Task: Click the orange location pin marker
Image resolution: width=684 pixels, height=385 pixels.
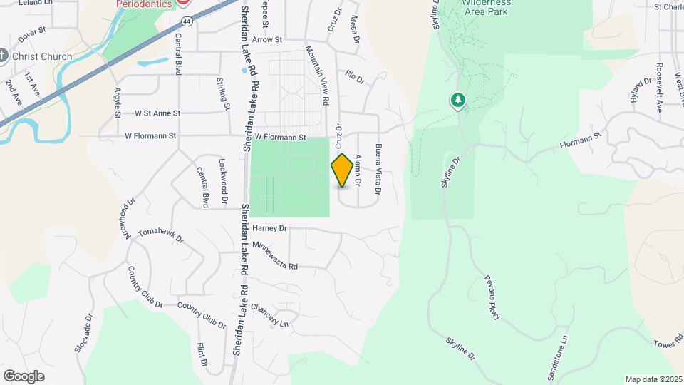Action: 342,170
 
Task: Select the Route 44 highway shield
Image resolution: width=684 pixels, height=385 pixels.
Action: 185,3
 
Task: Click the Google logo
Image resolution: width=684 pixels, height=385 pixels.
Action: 24,376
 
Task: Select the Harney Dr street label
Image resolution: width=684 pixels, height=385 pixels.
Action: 269,229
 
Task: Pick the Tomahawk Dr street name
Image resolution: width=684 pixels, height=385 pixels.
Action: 160,235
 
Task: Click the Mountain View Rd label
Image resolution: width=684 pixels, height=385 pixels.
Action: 318,75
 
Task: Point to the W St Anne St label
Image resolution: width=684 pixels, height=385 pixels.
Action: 147,113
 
